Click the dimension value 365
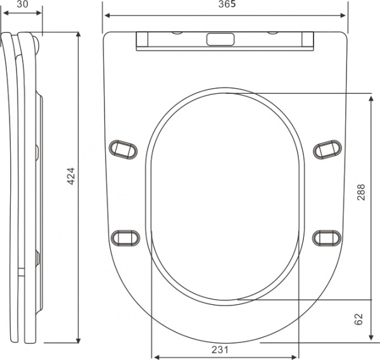(227, 4)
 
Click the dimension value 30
(23, 4)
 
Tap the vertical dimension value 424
(71, 176)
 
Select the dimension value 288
(361, 192)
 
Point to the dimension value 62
(359, 319)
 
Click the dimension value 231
(220, 350)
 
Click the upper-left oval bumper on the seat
(123, 150)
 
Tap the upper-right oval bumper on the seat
(327, 150)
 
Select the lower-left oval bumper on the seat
(125, 238)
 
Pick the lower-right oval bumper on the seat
(327, 238)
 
